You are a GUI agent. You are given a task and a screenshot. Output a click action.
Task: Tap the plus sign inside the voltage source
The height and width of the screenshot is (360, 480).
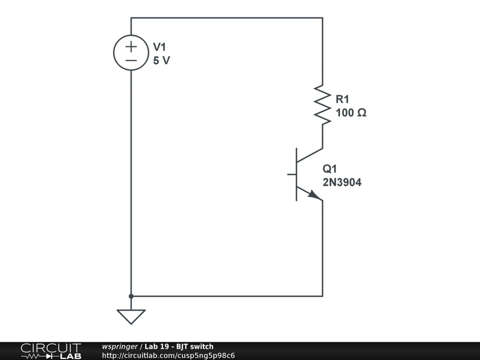click(131, 46)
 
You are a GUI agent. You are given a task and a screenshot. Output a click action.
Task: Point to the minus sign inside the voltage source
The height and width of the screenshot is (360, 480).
click(131, 60)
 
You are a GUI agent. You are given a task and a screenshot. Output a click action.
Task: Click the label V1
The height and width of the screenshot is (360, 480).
click(159, 47)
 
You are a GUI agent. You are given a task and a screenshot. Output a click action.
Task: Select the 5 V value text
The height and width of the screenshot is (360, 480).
click(161, 60)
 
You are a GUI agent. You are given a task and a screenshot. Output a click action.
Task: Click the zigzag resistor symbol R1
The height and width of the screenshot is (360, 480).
click(322, 105)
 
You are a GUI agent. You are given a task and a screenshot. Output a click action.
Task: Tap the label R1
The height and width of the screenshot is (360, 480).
click(342, 99)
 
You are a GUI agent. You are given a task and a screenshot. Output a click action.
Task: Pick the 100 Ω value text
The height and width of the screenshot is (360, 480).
click(351, 113)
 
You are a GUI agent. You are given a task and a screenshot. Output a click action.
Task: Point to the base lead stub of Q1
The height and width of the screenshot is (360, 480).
click(292, 174)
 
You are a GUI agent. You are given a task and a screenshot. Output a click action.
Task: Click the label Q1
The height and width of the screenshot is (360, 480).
click(330, 169)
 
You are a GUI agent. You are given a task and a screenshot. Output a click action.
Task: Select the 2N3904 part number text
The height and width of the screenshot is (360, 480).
click(342, 183)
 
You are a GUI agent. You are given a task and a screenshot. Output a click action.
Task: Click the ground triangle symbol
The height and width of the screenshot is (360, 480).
click(131, 316)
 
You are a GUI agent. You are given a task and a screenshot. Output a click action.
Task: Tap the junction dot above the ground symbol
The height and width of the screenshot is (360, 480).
click(131, 296)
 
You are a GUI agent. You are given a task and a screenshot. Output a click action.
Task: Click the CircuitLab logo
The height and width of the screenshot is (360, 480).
click(51, 351)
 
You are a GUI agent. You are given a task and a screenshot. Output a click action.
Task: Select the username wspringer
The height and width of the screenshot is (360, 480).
click(120, 347)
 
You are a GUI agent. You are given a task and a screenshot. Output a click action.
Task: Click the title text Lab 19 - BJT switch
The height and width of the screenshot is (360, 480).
click(179, 347)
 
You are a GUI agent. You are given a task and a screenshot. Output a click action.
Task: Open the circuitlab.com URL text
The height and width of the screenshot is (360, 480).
click(168, 355)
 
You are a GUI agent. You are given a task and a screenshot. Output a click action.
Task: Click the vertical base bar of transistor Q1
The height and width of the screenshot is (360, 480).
click(297, 174)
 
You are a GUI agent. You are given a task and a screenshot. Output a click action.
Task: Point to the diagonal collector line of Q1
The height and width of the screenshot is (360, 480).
click(310, 155)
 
